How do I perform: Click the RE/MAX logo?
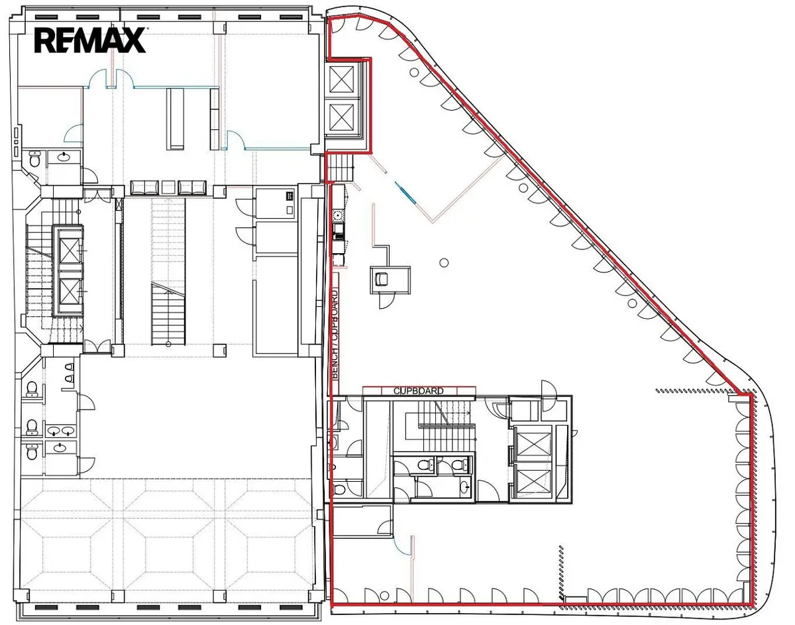(x=90, y=40)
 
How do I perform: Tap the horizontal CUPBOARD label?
(x=419, y=391)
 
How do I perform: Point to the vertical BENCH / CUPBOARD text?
(x=335, y=334)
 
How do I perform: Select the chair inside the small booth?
(x=382, y=279)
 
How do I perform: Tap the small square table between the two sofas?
(x=169, y=188)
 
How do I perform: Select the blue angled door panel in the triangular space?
(x=405, y=192)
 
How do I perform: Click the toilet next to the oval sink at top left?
(x=34, y=159)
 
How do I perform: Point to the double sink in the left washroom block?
(x=61, y=431)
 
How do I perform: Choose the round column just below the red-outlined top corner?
(x=414, y=72)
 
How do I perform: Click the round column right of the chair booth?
(x=444, y=262)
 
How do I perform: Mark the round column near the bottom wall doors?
(x=383, y=595)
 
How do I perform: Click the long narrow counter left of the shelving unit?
(x=175, y=119)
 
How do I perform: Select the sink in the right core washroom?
(x=464, y=487)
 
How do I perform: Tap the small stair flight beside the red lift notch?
(x=341, y=167)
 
